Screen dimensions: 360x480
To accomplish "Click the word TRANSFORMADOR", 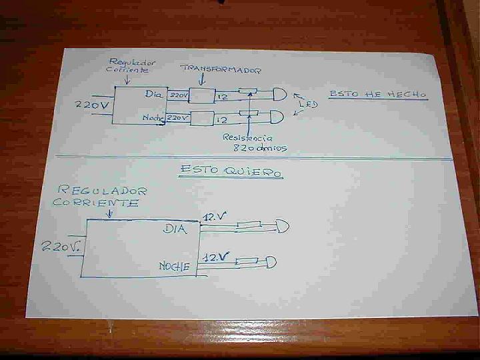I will pyautogui.click(x=221, y=69).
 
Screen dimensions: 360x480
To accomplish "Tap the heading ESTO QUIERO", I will pyautogui.click(x=230, y=171).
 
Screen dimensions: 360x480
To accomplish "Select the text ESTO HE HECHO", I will pyautogui.click(x=377, y=95).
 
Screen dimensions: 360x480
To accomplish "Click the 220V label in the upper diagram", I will pyautogui.click(x=94, y=105).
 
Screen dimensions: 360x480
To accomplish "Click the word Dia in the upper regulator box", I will pyautogui.click(x=153, y=94).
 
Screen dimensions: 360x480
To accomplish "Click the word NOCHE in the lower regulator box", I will pyautogui.click(x=174, y=267).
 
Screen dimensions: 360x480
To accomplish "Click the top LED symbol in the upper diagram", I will pyautogui.click(x=279, y=94).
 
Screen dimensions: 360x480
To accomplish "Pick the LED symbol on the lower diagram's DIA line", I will pyautogui.click(x=283, y=227).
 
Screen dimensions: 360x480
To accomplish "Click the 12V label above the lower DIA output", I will pyautogui.click(x=215, y=217).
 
